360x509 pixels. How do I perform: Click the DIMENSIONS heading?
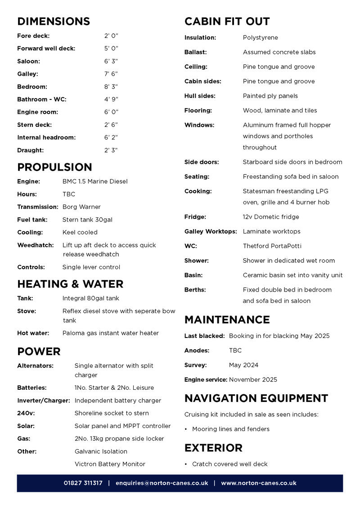pos(54,21)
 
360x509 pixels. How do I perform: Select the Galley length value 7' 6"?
pos(111,74)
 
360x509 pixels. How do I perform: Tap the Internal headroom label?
pos(46,137)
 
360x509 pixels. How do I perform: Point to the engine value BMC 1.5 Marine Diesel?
pos(95,181)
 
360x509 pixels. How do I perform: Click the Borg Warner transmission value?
pos(81,207)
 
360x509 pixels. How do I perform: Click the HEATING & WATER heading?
pos(70,284)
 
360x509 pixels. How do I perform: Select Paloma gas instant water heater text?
pos(111,333)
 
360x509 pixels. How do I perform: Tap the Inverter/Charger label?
pos(44,401)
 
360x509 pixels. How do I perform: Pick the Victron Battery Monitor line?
pos(110,464)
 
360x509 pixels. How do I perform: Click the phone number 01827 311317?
pos(83,483)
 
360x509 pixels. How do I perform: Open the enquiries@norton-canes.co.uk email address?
pos(162,483)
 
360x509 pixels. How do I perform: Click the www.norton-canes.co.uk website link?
pos(259,483)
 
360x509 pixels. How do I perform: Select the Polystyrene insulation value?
pos(261,38)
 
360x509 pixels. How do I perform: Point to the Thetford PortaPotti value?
pos(272,246)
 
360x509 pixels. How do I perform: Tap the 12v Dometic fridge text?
pos(271,217)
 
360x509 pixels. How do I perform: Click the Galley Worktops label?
pos(211,231)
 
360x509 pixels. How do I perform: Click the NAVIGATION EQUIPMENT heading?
pos(256,398)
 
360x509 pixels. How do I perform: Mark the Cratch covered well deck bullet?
pos(229,464)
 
